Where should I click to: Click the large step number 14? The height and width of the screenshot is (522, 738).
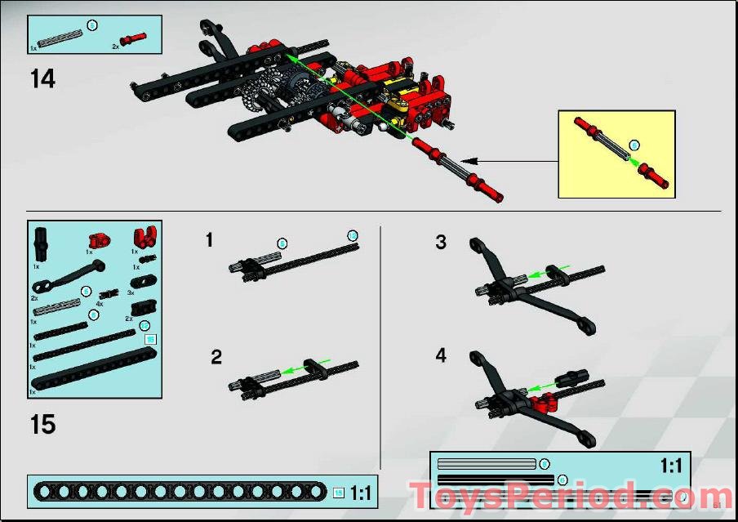pos(42,79)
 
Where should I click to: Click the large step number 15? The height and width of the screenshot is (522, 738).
pos(42,425)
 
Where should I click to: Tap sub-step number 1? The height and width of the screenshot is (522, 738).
pos(210,239)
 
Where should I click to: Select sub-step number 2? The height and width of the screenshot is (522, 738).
pos(216,356)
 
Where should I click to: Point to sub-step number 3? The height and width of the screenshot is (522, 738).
pos(441,242)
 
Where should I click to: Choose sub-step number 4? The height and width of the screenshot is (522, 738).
pos(441,356)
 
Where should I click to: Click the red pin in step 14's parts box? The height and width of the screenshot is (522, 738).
pos(134,38)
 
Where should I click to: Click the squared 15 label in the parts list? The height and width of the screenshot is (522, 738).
pos(149,339)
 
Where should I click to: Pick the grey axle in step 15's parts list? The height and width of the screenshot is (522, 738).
pos(57,306)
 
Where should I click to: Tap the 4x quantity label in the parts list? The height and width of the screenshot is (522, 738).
pos(100,303)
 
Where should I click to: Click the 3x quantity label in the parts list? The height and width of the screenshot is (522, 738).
pos(131,292)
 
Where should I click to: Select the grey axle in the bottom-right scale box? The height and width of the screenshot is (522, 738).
pos(487,464)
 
